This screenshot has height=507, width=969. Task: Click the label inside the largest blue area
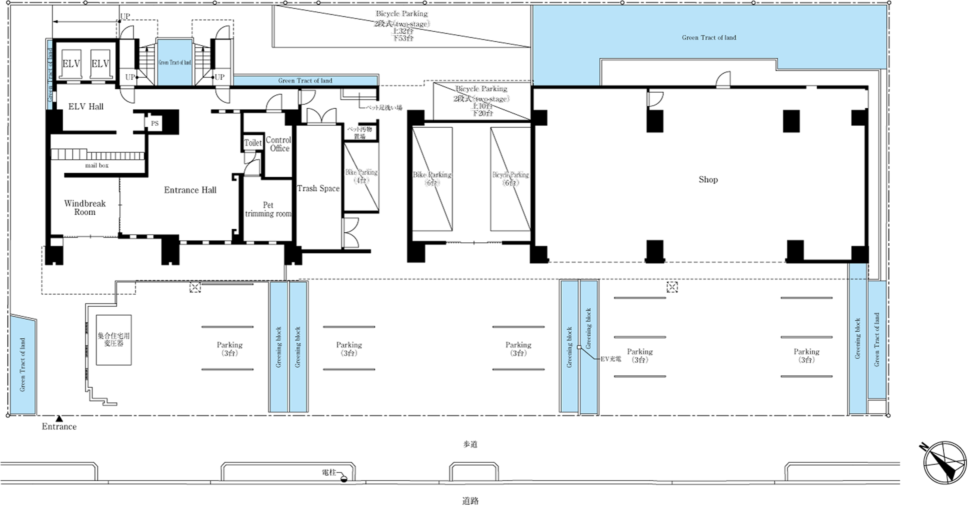[x=709, y=38]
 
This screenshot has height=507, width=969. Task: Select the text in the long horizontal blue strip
[x=305, y=81]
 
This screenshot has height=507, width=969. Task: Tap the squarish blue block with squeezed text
[x=175, y=62]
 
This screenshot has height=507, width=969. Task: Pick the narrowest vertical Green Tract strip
[x=50, y=75]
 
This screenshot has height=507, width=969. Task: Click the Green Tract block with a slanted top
[x=23, y=365]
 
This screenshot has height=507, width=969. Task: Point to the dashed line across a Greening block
[x=858, y=279]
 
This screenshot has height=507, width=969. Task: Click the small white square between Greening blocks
[x=579, y=347]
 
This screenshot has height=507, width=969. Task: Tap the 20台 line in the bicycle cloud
[x=483, y=113]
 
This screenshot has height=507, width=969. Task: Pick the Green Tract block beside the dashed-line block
[x=877, y=340]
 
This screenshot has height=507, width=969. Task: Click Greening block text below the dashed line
[x=858, y=338]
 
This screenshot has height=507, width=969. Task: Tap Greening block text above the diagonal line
[x=589, y=328]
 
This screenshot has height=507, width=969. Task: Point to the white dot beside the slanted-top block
[x=8, y=415]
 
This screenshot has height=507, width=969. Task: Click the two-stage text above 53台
[x=401, y=24]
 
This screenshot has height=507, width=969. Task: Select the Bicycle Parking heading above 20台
[x=481, y=88]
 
